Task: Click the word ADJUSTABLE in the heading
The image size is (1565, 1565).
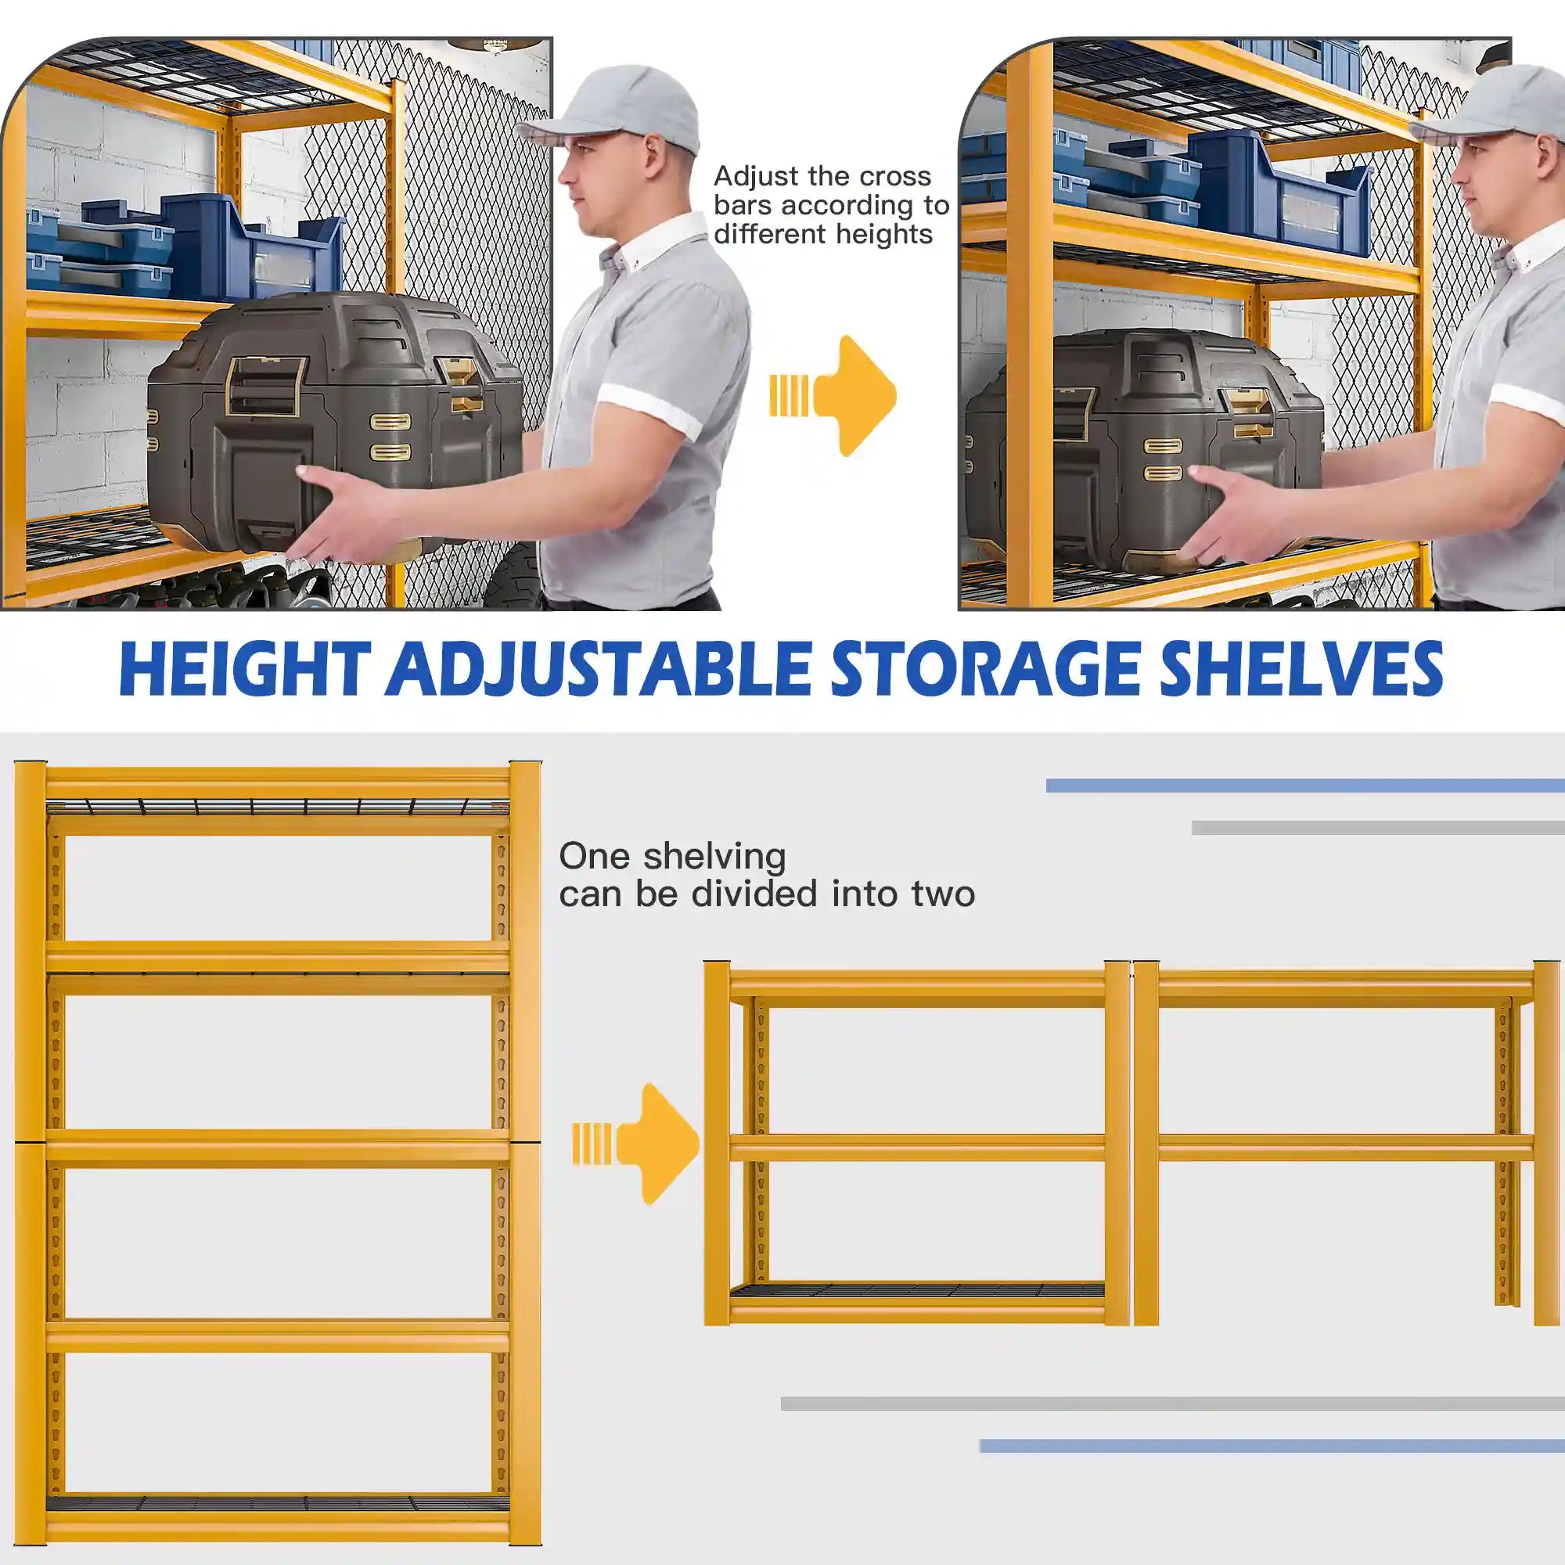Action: click(x=598, y=669)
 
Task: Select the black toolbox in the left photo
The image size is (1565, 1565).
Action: click(x=332, y=421)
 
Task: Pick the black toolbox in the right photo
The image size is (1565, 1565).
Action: click(x=1134, y=445)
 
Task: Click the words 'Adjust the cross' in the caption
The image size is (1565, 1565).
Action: click(x=822, y=177)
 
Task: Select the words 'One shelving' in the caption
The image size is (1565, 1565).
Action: click(x=672, y=856)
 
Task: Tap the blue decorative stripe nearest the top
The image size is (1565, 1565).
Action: click(x=1304, y=785)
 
